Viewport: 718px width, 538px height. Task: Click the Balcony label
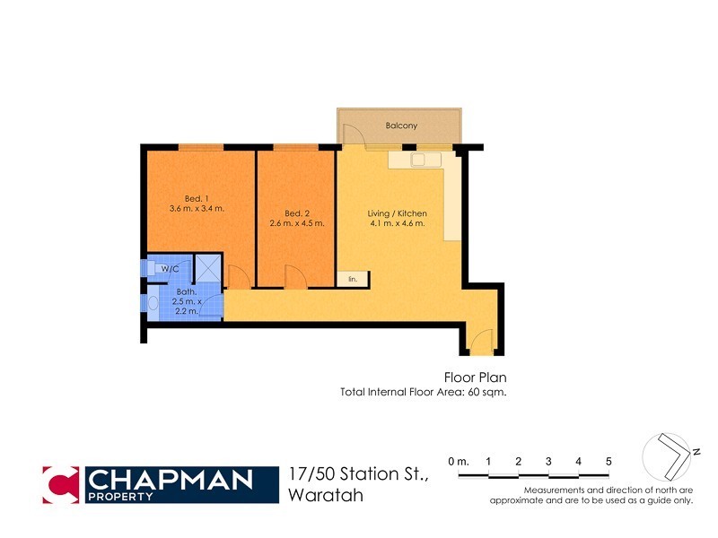click(401, 126)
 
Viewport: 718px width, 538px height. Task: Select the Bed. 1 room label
click(197, 198)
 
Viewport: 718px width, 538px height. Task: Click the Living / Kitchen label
click(397, 213)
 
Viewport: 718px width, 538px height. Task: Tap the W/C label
click(169, 268)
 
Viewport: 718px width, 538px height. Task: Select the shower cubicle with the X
click(208, 269)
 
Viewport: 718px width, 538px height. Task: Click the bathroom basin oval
click(153, 305)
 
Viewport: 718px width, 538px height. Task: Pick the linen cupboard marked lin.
click(353, 280)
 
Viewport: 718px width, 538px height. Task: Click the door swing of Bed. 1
click(238, 278)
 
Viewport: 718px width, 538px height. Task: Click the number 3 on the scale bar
click(548, 461)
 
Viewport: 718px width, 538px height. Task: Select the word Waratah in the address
click(326, 495)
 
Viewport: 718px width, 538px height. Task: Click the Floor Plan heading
click(476, 377)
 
